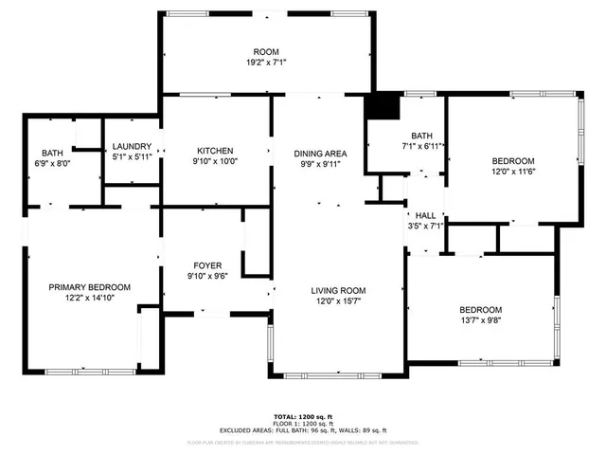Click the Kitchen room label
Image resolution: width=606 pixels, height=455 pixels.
pos(215,151)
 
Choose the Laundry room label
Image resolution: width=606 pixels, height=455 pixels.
pos(132,146)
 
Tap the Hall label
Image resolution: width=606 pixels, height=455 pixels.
pos(425,215)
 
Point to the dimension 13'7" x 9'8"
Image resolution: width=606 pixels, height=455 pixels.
pos(481,321)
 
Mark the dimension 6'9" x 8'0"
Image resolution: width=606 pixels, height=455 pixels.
pos(51,163)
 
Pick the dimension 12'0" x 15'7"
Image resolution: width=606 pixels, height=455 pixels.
pos(338,301)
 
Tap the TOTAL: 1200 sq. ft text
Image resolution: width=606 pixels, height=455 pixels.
pos(302,416)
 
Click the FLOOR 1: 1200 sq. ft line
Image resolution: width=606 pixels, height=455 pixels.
pos(302,423)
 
